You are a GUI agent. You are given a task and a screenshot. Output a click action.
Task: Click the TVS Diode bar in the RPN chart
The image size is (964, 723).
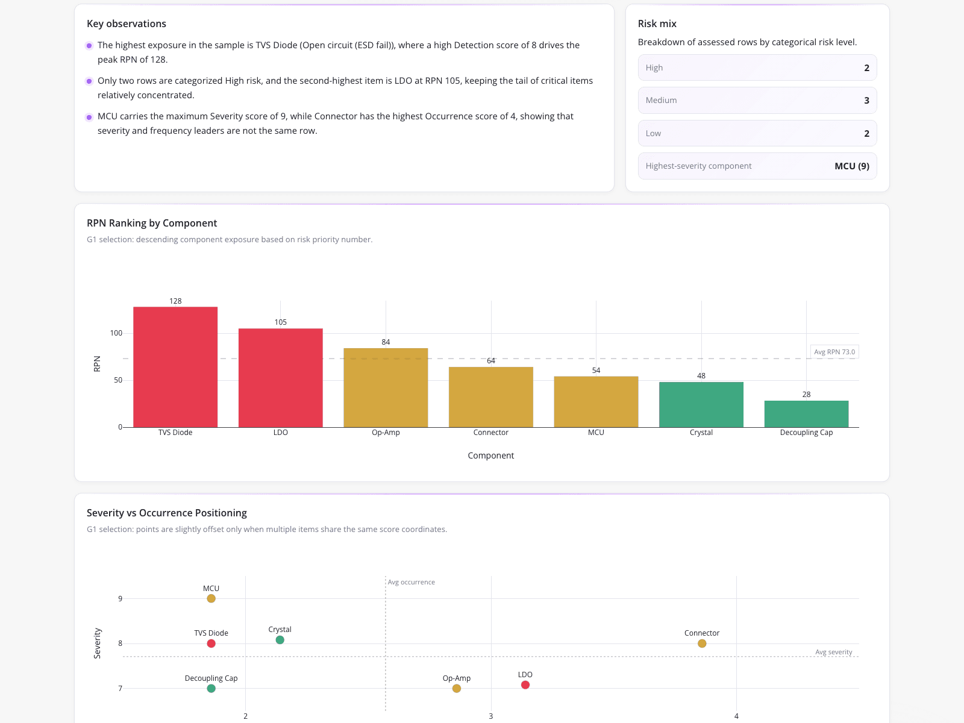[x=175, y=366]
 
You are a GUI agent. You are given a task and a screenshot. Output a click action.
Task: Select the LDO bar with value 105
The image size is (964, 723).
[x=280, y=378]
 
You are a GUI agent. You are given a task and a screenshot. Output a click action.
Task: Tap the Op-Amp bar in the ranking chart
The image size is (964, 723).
[x=386, y=387]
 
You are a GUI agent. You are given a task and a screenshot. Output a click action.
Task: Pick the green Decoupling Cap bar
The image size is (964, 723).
[x=806, y=414]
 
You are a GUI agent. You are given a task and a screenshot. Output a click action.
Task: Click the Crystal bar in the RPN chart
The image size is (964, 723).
[x=701, y=404]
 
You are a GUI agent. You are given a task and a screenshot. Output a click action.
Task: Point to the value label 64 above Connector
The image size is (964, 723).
[x=491, y=360]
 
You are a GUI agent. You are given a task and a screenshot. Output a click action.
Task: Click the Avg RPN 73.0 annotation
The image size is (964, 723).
[x=834, y=352]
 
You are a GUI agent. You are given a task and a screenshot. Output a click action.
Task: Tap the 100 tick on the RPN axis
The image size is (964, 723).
[x=116, y=333]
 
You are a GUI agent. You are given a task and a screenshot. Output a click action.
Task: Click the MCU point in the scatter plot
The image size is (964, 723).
[x=211, y=598]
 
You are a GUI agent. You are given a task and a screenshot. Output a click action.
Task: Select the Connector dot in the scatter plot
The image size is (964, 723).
[x=702, y=643]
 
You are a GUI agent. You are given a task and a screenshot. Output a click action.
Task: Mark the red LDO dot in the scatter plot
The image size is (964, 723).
[x=525, y=685]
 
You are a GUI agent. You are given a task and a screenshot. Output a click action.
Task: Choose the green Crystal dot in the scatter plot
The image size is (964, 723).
[x=280, y=640]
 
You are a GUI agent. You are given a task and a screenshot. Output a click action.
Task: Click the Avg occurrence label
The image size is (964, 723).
[x=411, y=582]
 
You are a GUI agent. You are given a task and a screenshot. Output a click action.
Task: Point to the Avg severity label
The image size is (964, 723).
[x=834, y=652]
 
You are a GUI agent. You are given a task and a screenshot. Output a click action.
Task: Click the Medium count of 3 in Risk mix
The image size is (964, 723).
[x=866, y=100]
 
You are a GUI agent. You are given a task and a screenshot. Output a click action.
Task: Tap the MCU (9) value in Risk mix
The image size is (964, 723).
[x=851, y=166]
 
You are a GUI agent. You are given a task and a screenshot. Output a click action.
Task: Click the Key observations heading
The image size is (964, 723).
[x=127, y=23]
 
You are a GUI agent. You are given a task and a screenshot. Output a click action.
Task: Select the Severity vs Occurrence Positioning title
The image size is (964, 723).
[x=167, y=513]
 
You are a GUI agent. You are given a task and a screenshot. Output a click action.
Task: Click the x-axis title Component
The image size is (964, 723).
[x=490, y=455]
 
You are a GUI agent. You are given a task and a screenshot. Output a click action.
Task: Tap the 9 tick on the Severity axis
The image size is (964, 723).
[x=120, y=598]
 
